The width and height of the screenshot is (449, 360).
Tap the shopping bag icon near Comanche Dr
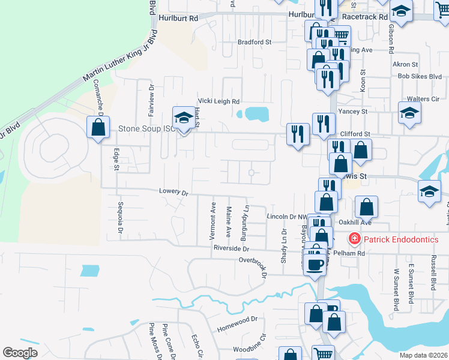coord(98,127)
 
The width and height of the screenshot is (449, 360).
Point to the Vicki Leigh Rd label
coord(219,101)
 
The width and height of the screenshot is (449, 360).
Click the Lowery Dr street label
coord(174,192)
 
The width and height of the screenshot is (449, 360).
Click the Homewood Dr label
coord(237,320)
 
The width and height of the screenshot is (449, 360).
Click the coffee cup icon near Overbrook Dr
coord(315,263)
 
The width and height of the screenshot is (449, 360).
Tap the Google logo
coord(20,352)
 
